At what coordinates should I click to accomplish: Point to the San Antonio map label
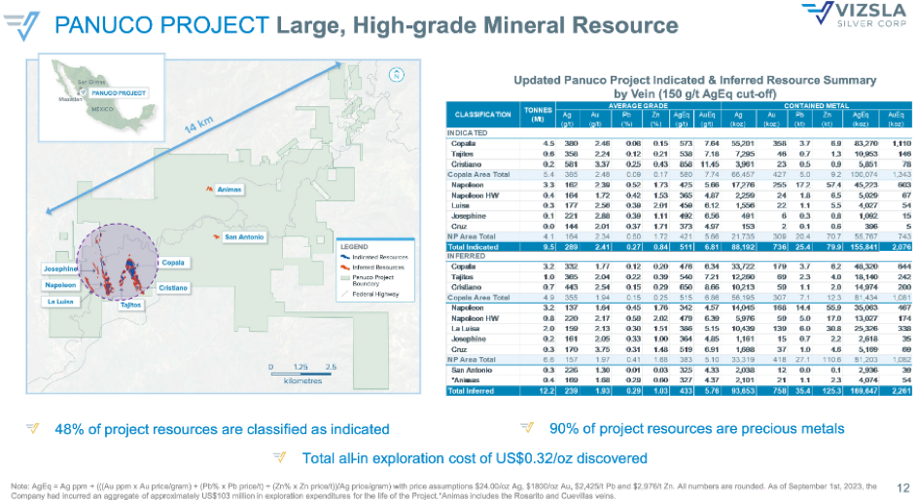click(243, 237)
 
